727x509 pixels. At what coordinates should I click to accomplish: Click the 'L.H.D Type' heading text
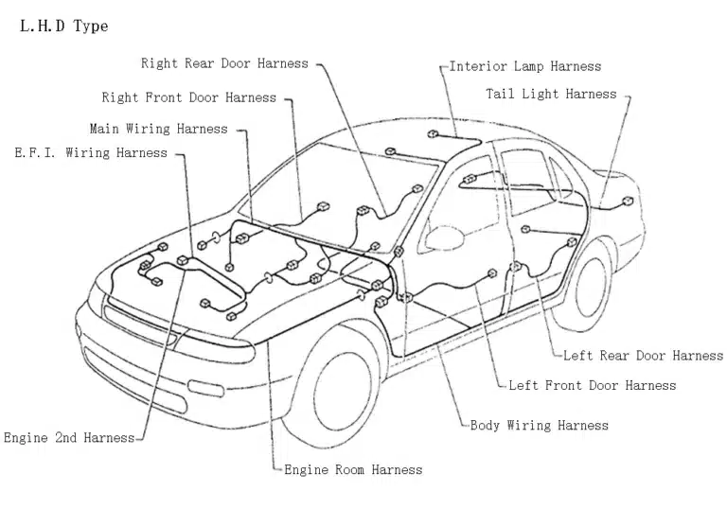63,26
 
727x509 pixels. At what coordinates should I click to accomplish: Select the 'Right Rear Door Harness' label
224,63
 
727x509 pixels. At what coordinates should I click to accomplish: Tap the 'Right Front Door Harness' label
189,97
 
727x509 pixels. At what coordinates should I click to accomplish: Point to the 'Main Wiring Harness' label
158,129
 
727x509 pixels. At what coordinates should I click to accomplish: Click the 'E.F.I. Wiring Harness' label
91,153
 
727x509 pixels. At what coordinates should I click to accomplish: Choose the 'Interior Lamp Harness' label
524,67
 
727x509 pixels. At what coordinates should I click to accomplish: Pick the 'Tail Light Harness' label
551,95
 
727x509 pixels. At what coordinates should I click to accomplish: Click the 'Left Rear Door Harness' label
643,356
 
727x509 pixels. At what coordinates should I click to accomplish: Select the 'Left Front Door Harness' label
593,385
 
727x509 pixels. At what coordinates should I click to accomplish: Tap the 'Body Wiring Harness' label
540,426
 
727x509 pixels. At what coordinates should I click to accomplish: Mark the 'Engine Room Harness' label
353,469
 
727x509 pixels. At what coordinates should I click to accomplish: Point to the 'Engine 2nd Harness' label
69,438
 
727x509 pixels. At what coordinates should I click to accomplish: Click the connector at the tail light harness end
628,201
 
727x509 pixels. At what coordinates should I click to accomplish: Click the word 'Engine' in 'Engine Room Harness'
307,469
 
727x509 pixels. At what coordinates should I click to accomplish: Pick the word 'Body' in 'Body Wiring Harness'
486,426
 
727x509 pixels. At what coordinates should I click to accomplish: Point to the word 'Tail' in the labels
501,95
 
